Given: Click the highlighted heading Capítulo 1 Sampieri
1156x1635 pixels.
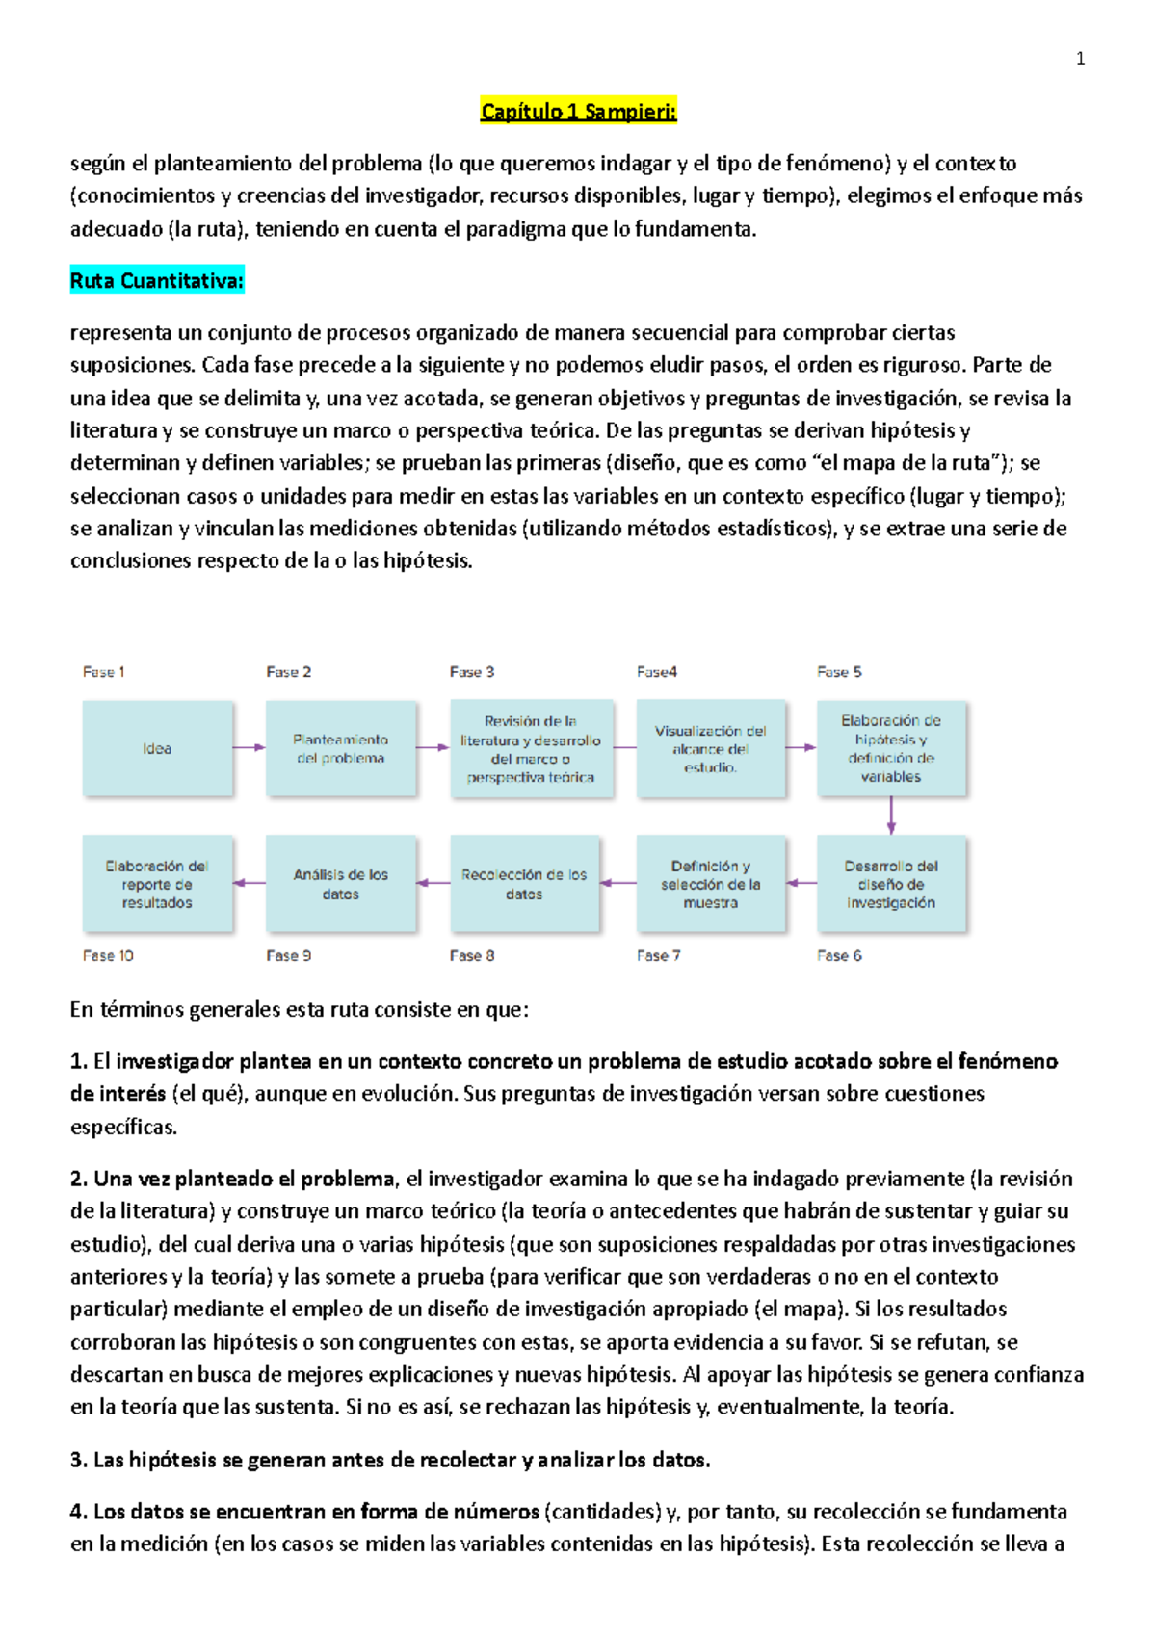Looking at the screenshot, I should click(x=578, y=112).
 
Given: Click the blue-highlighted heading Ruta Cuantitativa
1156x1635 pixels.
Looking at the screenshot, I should click(x=157, y=281).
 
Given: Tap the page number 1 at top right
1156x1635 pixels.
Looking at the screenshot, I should click(x=1080, y=59).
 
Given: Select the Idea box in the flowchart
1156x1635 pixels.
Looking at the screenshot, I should click(x=157, y=748).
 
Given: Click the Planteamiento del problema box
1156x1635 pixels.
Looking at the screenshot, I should click(x=341, y=748).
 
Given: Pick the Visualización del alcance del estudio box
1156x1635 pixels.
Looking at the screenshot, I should click(x=711, y=748).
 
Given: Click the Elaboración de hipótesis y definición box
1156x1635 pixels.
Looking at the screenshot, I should click(x=891, y=748).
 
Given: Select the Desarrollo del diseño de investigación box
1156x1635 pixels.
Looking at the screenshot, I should click(x=891, y=884).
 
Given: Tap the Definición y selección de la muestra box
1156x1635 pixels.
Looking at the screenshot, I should click(x=711, y=884).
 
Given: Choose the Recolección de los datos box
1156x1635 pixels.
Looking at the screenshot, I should click(x=524, y=884).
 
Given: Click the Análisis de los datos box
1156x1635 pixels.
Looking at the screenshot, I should click(x=341, y=884).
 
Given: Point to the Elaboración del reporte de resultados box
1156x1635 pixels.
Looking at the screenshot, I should click(x=157, y=884).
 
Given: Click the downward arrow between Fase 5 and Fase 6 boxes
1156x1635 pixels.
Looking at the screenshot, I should click(x=891, y=816).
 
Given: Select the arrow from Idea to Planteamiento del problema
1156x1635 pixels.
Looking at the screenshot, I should click(x=249, y=747).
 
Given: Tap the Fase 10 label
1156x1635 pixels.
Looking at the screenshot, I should click(x=108, y=955).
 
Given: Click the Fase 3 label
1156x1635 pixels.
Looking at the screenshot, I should click(x=472, y=672).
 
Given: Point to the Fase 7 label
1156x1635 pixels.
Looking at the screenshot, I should click(x=658, y=955).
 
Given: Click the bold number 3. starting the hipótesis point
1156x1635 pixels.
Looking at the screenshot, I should click(x=79, y=1460).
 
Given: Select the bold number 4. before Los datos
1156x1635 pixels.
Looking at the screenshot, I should click(x=79, y=1511).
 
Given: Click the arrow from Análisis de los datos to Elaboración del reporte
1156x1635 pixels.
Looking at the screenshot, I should click(x=250, y=883).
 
